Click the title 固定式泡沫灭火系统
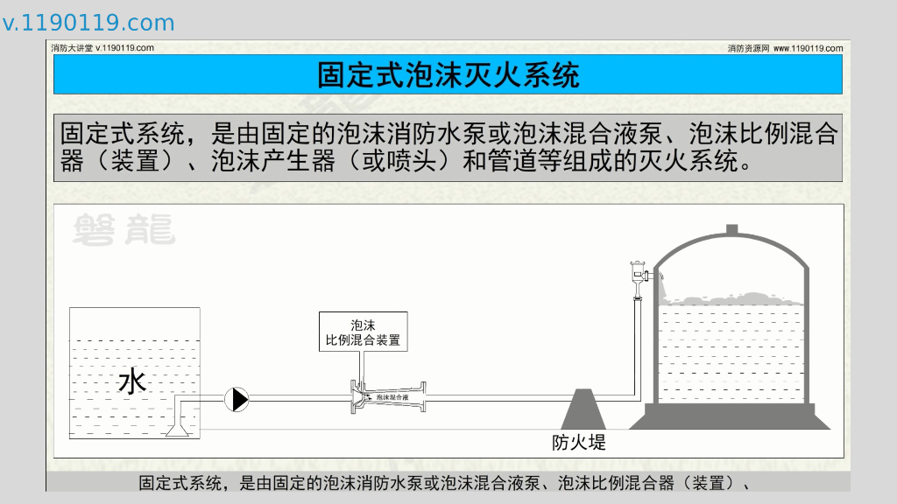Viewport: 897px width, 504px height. click(x=448, y=75)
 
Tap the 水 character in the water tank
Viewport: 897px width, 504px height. click(x=131, y=381)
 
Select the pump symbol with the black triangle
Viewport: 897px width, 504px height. click(x=237, y=399)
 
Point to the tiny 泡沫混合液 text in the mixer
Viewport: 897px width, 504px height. click(x=392, y=397)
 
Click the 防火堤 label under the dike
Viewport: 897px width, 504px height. click(x=579, y=442)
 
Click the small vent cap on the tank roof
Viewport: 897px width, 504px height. click(x=731, y=230)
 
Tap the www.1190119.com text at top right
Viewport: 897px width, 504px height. click(x=809, y=48)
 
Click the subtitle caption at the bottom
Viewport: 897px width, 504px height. click(x=448, y=482)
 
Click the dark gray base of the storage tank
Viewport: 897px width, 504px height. click(x=730, y=418)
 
